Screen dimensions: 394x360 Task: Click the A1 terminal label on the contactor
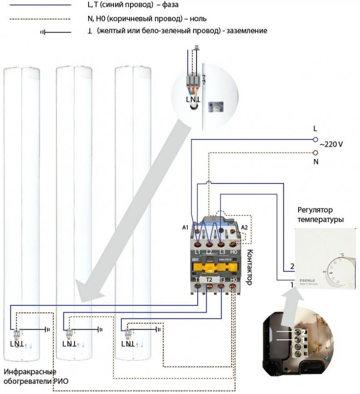(185, 227)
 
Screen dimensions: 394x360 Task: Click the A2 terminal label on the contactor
(244, 227)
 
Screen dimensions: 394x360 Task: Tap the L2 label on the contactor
(209, 251)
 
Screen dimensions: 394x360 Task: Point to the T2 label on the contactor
(209, 280)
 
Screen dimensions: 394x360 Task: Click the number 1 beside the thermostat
(292, 284)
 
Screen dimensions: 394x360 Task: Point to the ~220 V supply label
(332, 145)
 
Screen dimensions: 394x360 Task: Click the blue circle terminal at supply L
(316, 138)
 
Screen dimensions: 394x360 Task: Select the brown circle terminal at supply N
(316, 152)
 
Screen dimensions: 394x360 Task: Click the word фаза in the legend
(179, 4)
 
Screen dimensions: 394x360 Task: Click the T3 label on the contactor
(221, 280)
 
